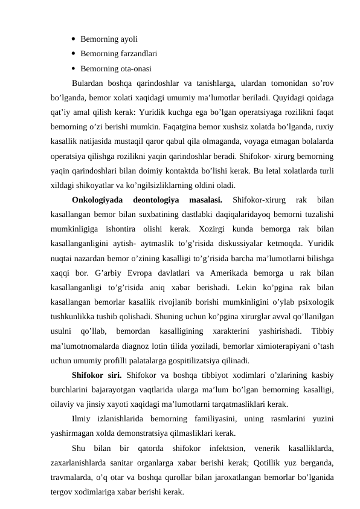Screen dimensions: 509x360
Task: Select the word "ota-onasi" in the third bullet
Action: (x=134, y=68)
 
